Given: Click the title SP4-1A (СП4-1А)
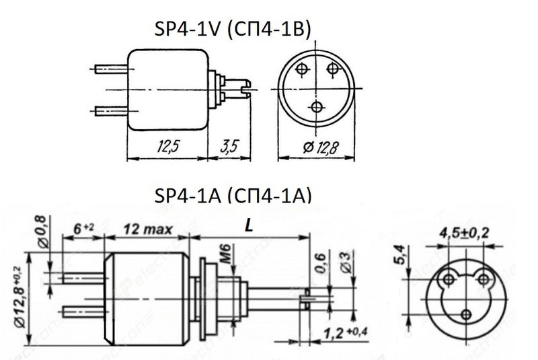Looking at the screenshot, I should pyautogui.click(x=233, y=196).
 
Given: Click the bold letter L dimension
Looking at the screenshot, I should pyautogui.click(x=249, y=227).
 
